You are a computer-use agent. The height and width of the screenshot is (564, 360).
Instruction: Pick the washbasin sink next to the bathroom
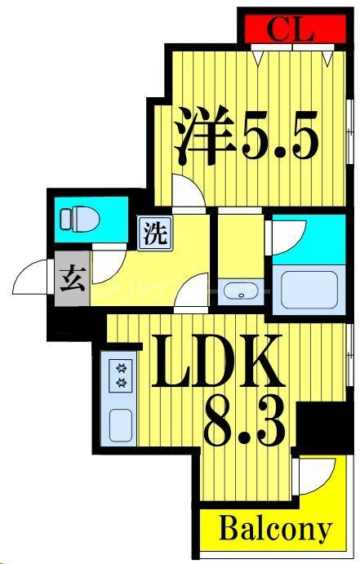pyautogui.click(x=242, y=291)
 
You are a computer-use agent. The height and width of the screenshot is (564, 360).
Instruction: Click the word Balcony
pyautogui.click(x=275, y=530)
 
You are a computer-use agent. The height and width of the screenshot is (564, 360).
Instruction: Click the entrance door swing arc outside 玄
pyautogui.click(x=30, y=279)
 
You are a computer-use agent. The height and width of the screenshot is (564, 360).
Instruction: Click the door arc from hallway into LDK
pyautogui.click(x=191, y=293)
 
